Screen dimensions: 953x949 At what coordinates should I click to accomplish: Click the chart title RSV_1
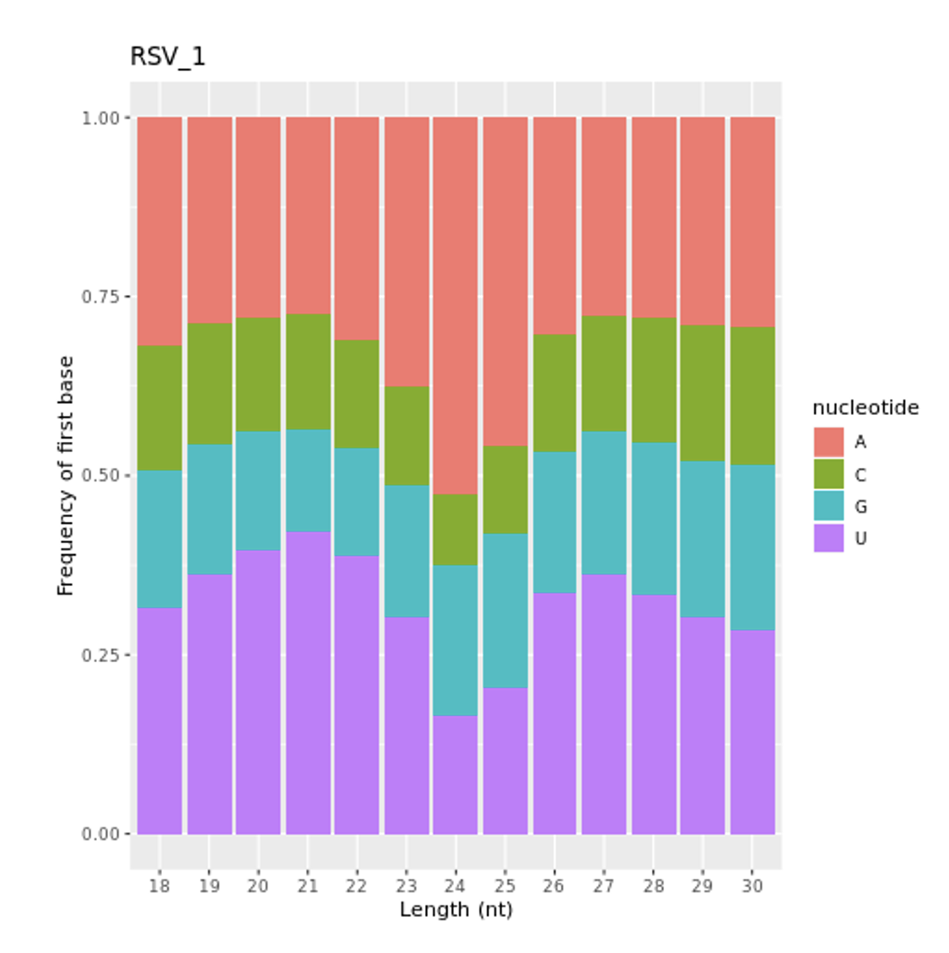(167, 57)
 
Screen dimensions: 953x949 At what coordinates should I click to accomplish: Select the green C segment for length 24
(456, 530)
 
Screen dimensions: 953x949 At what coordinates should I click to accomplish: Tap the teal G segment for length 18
(159, 539)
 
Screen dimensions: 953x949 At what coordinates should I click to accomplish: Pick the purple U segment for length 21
(308, 682)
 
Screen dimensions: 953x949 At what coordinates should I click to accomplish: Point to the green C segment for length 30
(752, 396)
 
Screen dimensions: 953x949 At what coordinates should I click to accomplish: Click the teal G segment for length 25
(505, 611)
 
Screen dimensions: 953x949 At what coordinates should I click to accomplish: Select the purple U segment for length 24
(456, 775)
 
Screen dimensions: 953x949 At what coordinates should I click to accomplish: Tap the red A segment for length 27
(604, 216)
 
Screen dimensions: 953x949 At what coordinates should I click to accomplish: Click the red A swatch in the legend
(828, 442)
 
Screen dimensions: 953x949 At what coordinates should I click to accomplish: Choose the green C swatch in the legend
(828, 474)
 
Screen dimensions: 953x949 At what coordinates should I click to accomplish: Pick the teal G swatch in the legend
(828, 506)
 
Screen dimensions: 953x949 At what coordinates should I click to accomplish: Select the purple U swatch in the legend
(828, 538)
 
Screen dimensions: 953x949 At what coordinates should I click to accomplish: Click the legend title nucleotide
(865, 408)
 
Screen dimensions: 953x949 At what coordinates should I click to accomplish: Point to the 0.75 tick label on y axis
(100, 297)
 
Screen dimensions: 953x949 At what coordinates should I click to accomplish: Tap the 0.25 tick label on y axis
(100, 655)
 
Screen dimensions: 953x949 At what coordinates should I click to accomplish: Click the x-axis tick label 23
(407, 886)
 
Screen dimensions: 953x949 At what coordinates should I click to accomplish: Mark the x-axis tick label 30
(752, 886)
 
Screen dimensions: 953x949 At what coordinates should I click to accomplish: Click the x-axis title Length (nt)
(456, 910)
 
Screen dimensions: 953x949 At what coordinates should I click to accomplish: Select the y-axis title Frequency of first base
(66, 476)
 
